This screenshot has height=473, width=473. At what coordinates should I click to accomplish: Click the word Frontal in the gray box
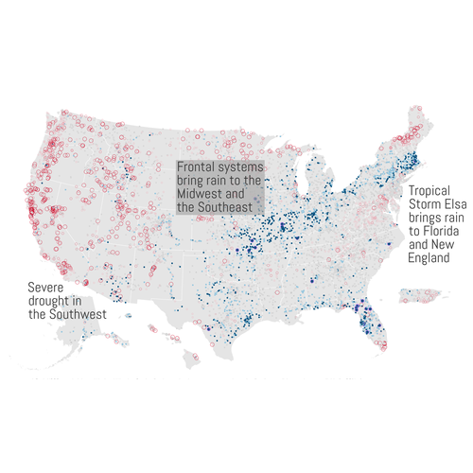[198, 167]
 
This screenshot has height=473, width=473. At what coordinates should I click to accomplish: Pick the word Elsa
[442, 203]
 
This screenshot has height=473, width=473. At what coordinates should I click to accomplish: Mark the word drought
[49, 301]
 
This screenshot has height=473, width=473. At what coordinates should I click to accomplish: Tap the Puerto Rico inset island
[412, 301]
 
